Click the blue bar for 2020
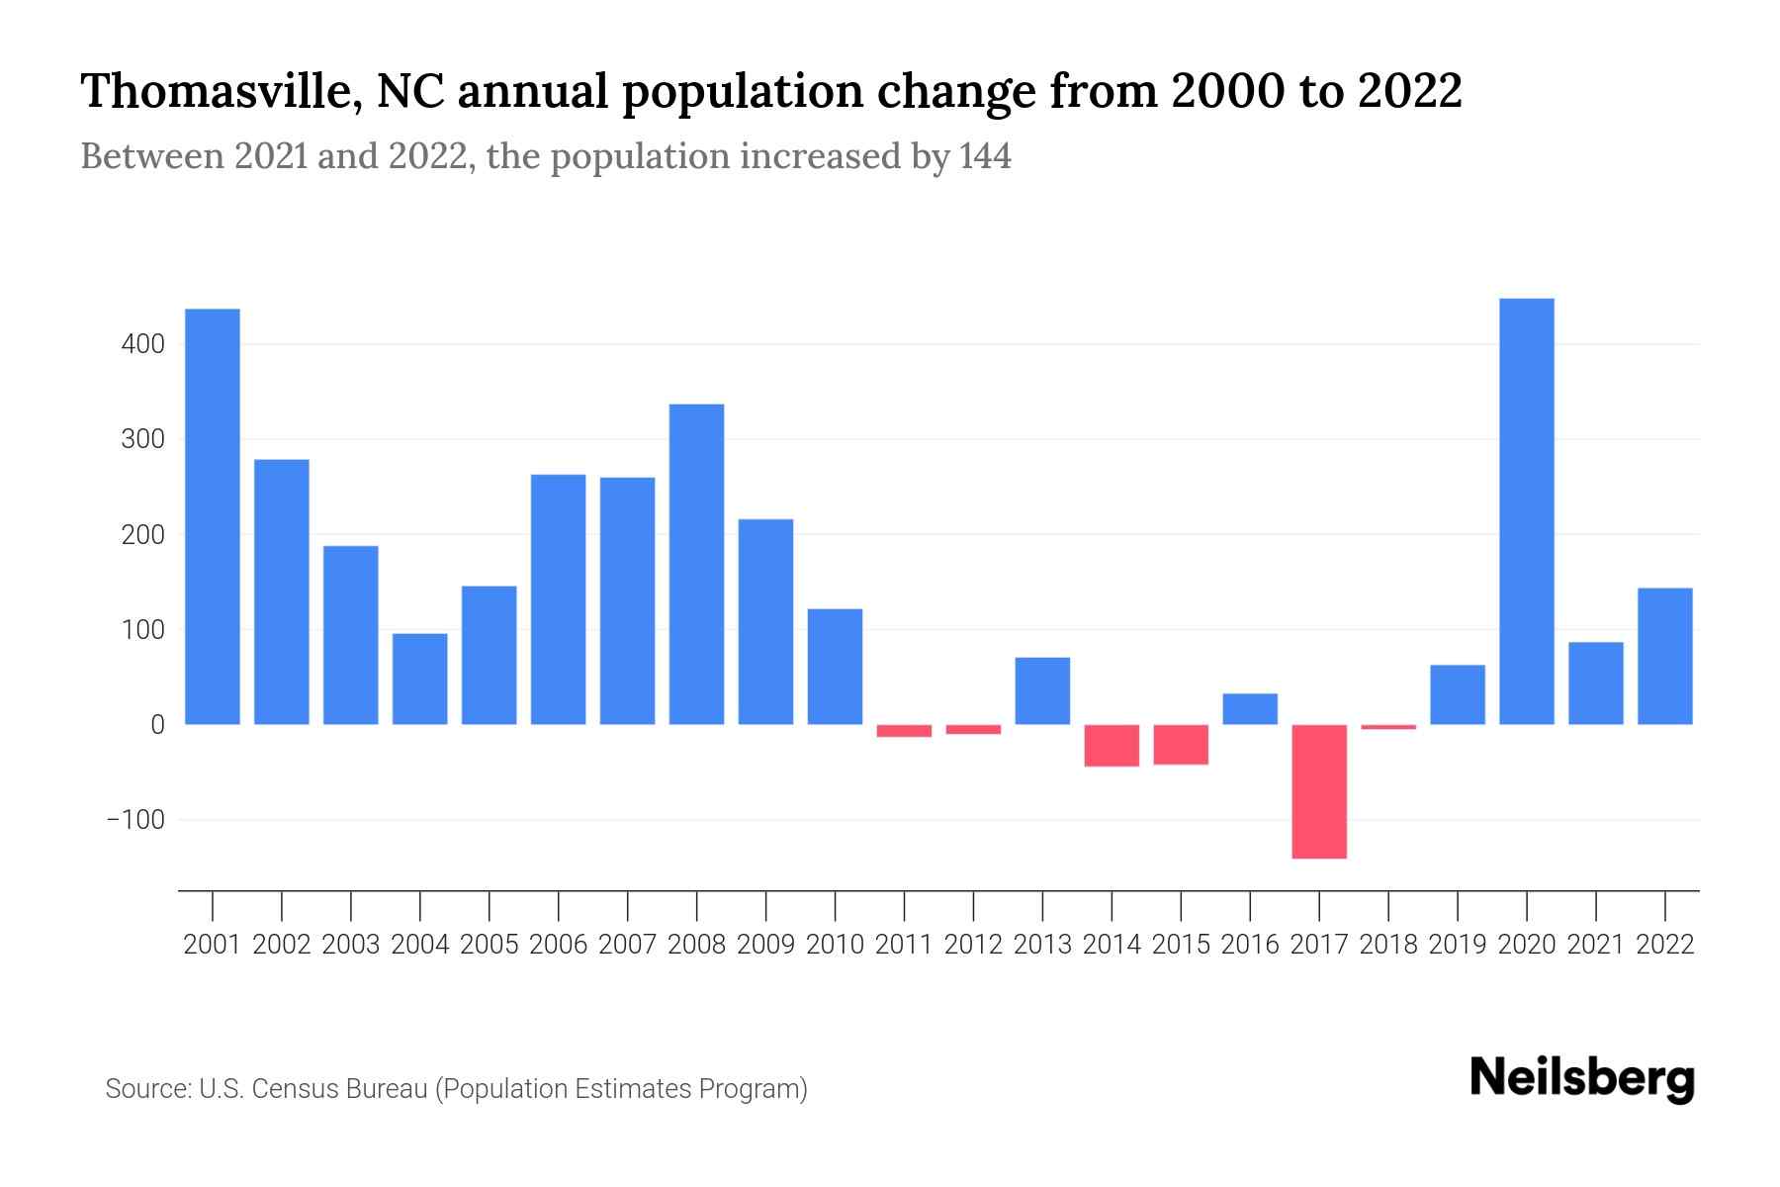tap(1526, 511)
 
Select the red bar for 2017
tap(1319, 791)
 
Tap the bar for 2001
tap(213, 516)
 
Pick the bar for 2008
tap(696, 564)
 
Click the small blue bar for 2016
tap(1250, 709)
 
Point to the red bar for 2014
tap(1112, 746)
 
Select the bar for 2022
tap(1664, 656)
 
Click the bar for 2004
tap(420, 679)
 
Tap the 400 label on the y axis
tap(142, 344)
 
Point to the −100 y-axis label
tap(135, 820)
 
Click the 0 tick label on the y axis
tap(157, 725)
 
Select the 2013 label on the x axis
tap(1042, 945)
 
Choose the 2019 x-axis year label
tap(1457, 945)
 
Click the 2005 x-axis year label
tap(489, 945)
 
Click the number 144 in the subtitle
tap(985, 156)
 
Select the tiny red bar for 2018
tap(1388, 727)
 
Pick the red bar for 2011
tap(904, 731)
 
